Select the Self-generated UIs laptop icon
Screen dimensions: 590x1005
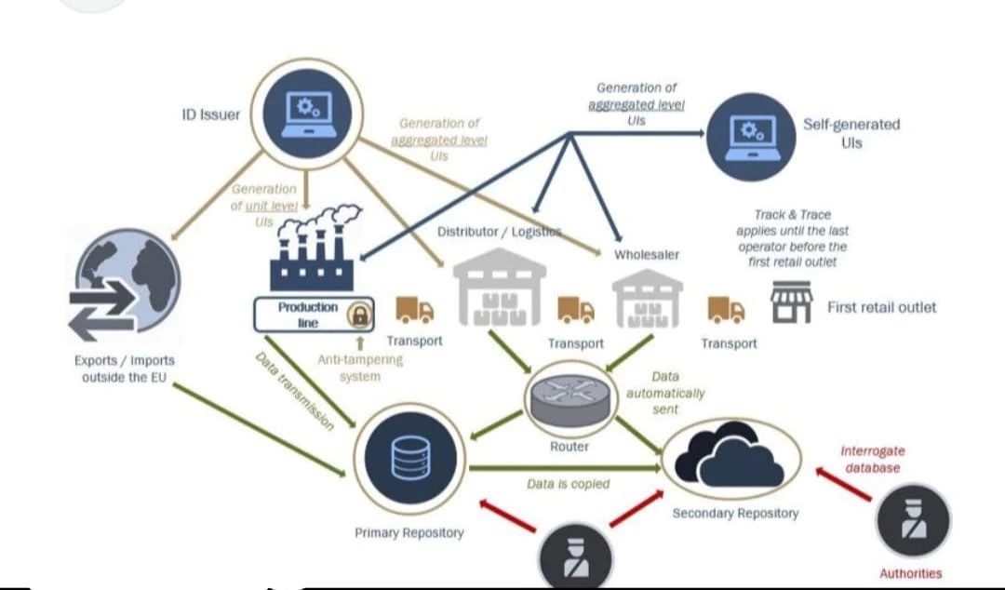coord(757,137)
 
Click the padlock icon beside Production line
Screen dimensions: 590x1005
coord(358,315)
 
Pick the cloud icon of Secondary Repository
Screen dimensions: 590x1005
coord(730,456)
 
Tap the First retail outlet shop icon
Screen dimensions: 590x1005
coord(790,303)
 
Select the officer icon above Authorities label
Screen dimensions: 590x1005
coord(913,521)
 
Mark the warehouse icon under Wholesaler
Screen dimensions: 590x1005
coord(647,297)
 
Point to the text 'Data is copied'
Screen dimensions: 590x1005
coord(568,484)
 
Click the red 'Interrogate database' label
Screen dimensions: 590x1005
coord(872,460)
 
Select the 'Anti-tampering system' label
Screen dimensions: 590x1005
coord(360,369)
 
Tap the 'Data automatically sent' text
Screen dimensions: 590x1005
coord(665,392)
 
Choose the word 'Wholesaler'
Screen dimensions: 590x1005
coord(646,254)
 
